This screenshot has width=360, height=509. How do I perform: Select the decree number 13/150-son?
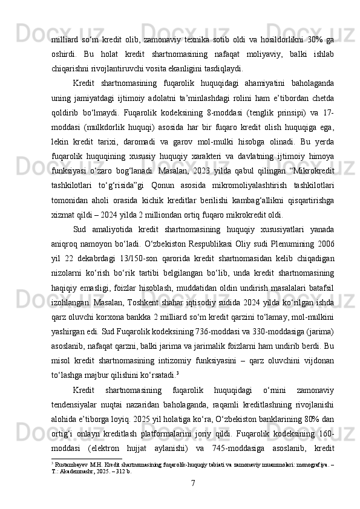click(122, 256)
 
